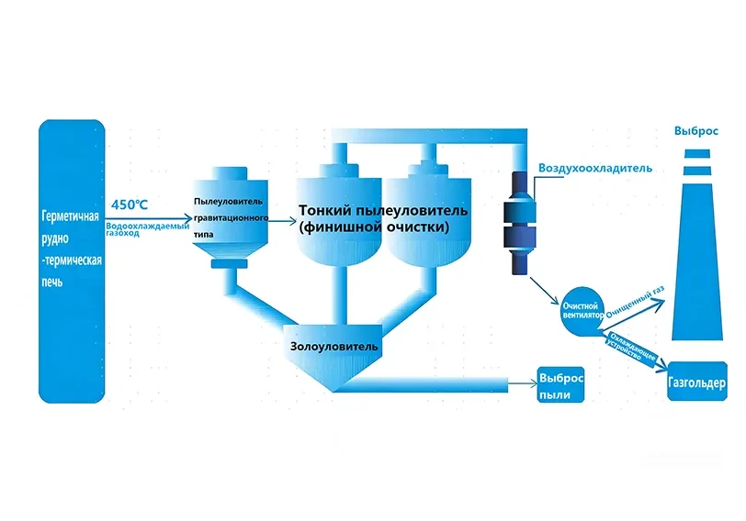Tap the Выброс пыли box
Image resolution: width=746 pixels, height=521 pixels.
[561, 386]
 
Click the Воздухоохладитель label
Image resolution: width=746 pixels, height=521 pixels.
[595, 169]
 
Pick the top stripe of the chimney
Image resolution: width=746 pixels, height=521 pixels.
[695, 152]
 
